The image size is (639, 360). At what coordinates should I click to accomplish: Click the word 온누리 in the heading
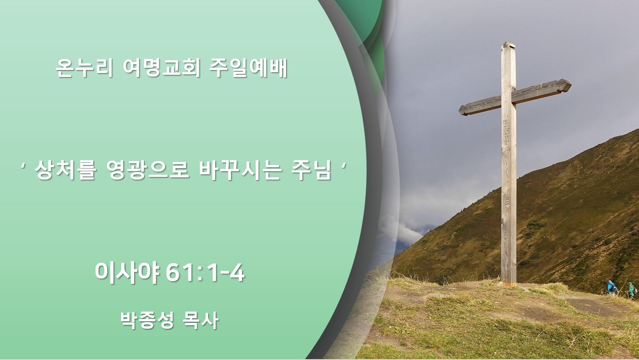(x=85, y=68)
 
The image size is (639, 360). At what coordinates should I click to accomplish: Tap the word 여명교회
(x=162, y=68)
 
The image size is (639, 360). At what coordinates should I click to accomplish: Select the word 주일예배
(x=248, y=68)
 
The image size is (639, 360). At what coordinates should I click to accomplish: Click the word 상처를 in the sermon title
(x=65, y=170)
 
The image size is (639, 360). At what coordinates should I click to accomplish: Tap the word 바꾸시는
(x=240, y=170)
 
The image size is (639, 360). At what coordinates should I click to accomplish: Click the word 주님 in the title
(x=311, y=170)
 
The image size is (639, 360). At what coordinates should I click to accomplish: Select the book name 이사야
(x=127, y=273)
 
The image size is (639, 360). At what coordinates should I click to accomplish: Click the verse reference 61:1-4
(x=205, y=273)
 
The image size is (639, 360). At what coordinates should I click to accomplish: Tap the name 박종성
(x=147, y=320)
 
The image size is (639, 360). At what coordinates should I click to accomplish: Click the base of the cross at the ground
(x=509, y=283)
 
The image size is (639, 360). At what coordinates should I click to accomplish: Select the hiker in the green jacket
(x=631, y=290)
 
